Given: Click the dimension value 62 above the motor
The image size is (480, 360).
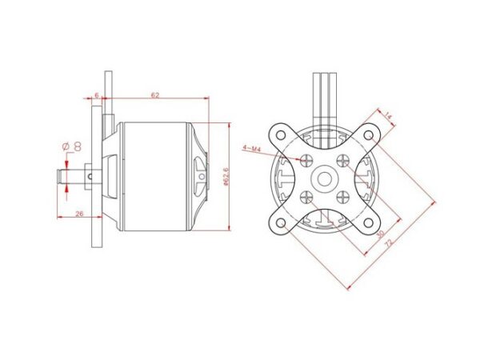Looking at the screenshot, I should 154,94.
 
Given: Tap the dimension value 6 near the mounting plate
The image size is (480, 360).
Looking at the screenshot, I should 97,94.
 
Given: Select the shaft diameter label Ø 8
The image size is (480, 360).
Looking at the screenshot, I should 71,146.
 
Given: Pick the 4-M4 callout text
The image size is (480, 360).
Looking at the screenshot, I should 250,147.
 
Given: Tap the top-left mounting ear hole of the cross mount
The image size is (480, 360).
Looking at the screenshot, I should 281,134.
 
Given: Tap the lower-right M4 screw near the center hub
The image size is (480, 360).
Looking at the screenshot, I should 342,194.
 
